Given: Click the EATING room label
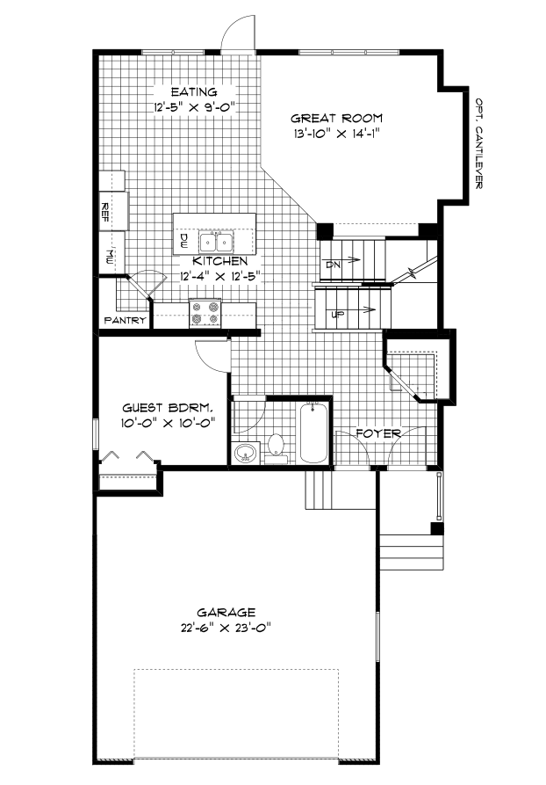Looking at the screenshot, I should pyautogui.click(x=193, y=91).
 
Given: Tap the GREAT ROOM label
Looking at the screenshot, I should pyautogui.click(x=336, y=118).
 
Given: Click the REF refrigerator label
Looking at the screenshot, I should pyautogui.click(x=104, y=211).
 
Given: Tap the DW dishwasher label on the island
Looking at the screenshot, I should pyautogui.click(x=184, y=238).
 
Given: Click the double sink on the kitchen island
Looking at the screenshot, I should pyautogui.click(x=215, y=240).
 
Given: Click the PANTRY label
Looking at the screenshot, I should pyautogui.click(x=125, y=321).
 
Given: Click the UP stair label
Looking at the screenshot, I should pyautogui.click(x=336, y=314).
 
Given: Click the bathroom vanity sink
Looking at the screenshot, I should pyautogui.click(x=245, y=454).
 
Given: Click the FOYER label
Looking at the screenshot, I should pyautogui.click(x=379, y=433).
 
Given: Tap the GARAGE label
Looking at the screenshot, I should pyautogui.click(x=226, y=612).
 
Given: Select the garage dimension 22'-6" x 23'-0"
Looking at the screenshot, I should pyautogui.click(x=226, y=628).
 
